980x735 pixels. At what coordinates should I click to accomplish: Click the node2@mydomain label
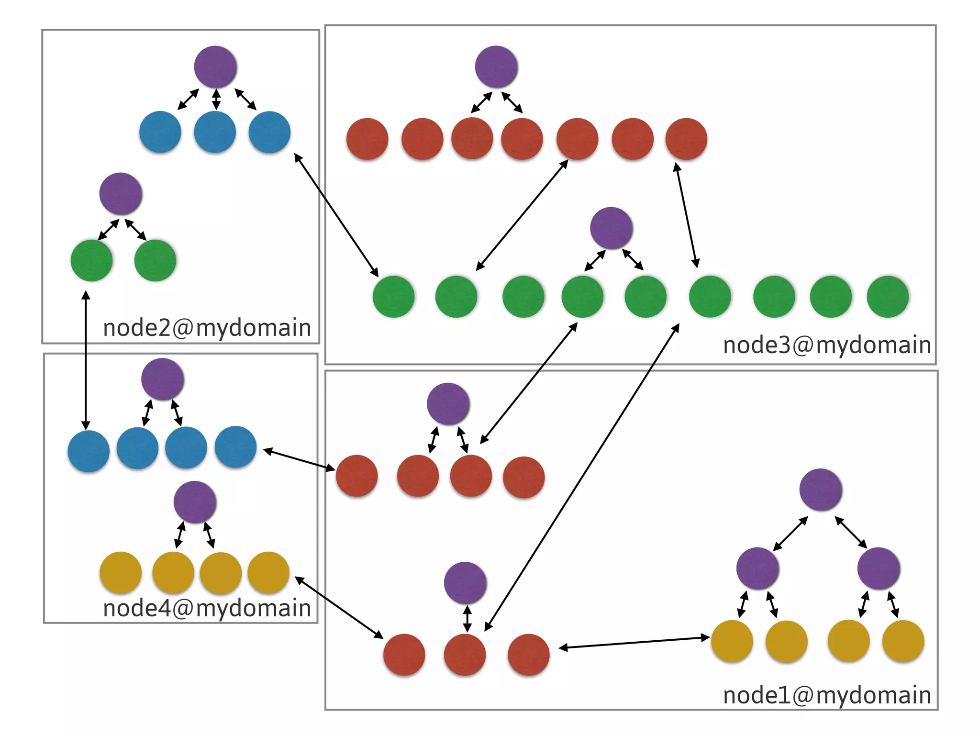click(x=207, y=328)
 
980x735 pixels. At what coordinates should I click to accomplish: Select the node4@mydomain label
click(x=207, y=609)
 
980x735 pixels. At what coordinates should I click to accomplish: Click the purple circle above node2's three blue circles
click(x=215, y=67)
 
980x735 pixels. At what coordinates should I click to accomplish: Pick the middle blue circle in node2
click(x=215, y=132)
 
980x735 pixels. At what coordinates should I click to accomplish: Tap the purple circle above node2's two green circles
click(x=121, y=194)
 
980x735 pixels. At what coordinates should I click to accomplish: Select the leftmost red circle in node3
click(x=367, y=139)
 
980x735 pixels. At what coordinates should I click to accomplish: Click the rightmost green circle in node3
click(x=888, y=297)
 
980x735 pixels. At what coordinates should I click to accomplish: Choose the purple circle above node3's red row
click(x=496, y=67)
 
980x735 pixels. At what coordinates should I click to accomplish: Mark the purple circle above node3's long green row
click(x=612, y=228)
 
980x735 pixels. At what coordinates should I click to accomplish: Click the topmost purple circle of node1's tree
click(x=821, y=490)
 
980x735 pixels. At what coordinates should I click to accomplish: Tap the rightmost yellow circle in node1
click(x=903, y=641)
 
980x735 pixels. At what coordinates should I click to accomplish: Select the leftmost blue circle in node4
click(x=89, y=451)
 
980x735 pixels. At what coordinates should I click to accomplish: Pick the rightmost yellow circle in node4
click(x=268, y=573)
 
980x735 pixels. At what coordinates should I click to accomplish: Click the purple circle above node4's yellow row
click(x=195, y=502)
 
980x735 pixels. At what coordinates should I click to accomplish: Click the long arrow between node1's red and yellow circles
click(x=634, y=643)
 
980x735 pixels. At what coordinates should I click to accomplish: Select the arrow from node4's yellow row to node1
click(x=339, y=608)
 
